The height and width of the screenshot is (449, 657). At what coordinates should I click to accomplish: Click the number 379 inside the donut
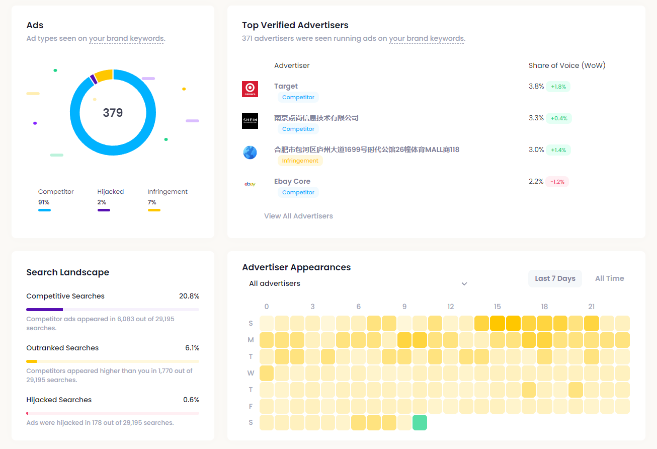click(113, 113)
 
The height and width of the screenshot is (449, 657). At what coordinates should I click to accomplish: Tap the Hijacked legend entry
click(110, 192)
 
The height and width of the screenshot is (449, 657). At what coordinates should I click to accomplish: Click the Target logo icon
click(250, 89)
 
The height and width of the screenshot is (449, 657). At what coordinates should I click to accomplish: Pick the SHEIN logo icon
click(250, 121)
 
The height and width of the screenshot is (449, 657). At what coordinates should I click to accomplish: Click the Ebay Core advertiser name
click(292, 181)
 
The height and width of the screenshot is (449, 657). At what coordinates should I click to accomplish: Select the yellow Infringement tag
click(300, 161)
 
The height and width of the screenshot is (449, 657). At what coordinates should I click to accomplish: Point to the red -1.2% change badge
click(557, 182)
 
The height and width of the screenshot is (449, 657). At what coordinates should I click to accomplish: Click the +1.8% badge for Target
click(558, 87)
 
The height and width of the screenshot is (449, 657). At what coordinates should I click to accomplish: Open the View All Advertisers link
click(298, 216)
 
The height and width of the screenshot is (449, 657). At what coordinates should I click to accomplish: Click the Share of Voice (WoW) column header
click(567, 65)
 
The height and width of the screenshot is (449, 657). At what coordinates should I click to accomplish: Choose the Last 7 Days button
click(555, 278)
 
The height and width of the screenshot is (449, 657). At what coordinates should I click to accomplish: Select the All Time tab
click(609, 278)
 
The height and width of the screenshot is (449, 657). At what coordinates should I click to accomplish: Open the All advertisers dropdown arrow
click(464, 284)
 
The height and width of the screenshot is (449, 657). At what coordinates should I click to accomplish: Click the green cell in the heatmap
click(420, 423)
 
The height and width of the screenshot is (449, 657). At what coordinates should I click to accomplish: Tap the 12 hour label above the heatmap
click(450, 307)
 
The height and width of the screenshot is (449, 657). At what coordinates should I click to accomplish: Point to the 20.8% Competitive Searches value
click(189, 296)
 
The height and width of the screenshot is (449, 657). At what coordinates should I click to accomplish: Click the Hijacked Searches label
click(59, 400)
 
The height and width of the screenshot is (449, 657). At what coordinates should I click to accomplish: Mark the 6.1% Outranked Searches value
click(192, 348)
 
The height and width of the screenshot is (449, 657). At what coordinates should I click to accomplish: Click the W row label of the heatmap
click(251, 373)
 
